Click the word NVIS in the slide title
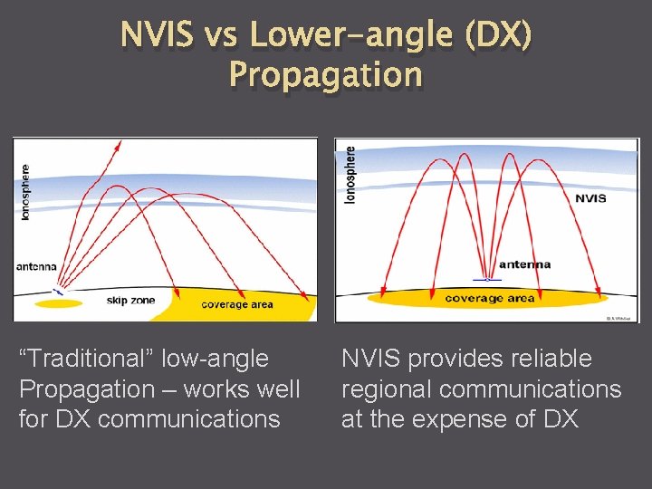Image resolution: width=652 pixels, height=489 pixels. click(x=156, y=35)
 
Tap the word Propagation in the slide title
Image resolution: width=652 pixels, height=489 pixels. click(x=326, y=74)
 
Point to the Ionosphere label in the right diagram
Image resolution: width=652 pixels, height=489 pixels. click(x=350, y=175)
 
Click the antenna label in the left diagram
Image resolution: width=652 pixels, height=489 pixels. click(x=36, y=266)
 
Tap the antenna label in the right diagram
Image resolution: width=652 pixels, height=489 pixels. click(x=525, y=264)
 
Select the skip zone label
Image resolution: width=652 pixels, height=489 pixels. click(x=131, y=300)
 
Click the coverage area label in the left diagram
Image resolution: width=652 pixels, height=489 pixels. click(x=236, y=304)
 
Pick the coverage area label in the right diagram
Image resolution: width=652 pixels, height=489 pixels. click(x=490, y=298)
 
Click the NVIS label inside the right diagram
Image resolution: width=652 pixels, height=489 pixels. click(x=590, y=198)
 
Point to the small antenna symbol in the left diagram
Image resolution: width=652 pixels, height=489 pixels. click(x=56, y=292)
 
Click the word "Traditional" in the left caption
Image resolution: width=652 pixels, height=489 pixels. click(x=91, y=359)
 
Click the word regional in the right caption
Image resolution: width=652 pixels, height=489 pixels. click(x=388, y=389)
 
